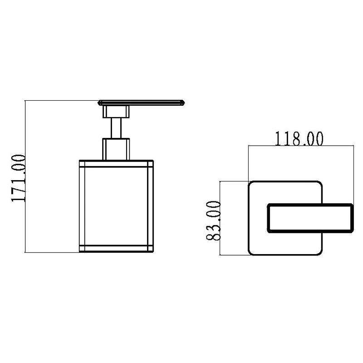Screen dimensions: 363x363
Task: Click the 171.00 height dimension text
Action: [x=18, y=178]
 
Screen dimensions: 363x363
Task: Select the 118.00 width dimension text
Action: [x=299, y=139]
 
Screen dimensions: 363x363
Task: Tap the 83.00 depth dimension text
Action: [x=213, y=221]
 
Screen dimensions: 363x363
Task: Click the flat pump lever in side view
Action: [x=141, y=103]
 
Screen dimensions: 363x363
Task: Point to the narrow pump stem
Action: [x=116, y=128]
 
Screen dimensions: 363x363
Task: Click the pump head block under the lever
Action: [x=116, y=112]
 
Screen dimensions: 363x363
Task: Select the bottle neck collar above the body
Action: [x=116, y=149]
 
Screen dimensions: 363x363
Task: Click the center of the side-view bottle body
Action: [x=116, y=206]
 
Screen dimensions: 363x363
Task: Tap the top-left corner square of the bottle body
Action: [x=82, y=163]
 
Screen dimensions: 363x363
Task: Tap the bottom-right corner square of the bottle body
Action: [x=150, y=249]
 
